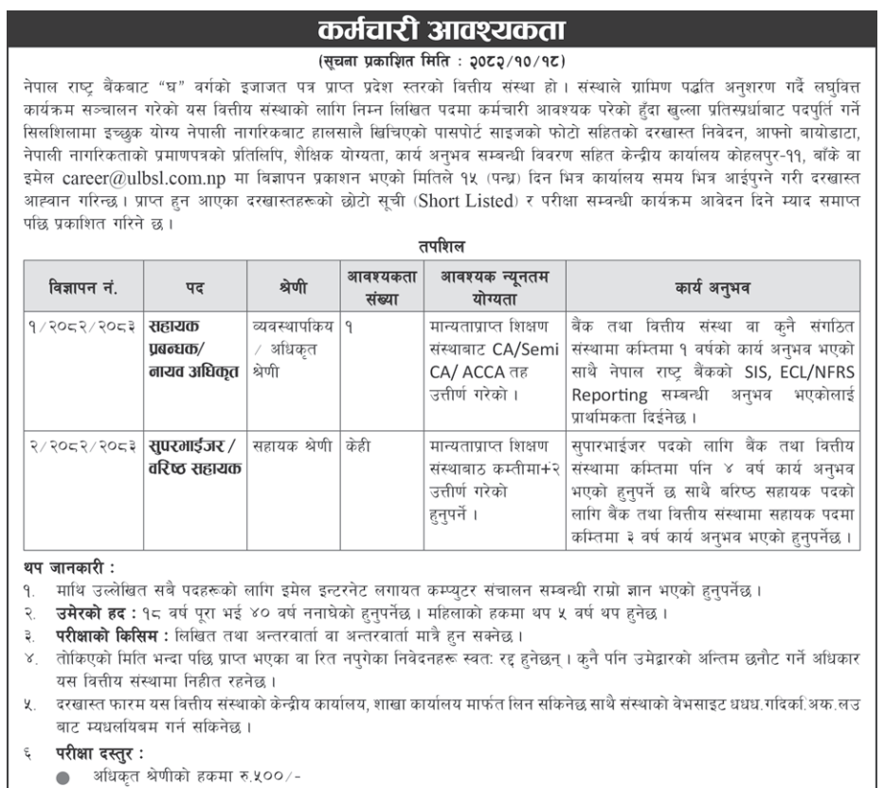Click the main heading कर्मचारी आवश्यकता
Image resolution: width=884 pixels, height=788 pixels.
[442, 21]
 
